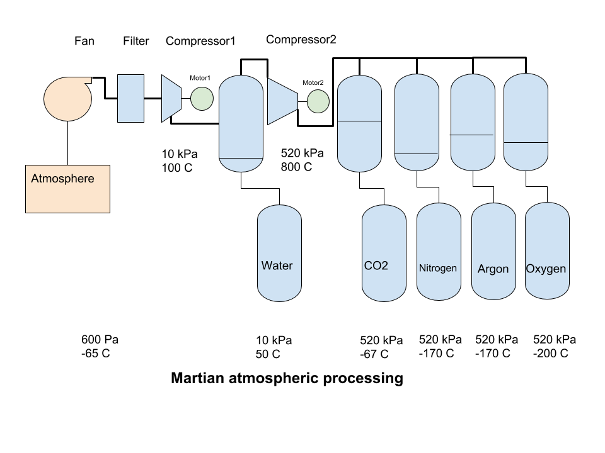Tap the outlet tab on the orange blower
[x=86, y=80]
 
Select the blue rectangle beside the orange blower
[x=130, y=98]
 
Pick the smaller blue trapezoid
[x=170, y=98]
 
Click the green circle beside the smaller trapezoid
[x=202, y=99]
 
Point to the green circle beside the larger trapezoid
[x=318, y=101]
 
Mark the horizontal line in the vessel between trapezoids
[x=241, y=158]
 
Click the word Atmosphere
[x=62, y=179]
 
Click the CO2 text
[x=376, y=266]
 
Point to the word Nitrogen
[x=438, y=268]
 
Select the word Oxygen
[x=546, y=269]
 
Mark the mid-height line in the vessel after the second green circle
[x=359, y=121]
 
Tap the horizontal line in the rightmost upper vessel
[x=526, y=143]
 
